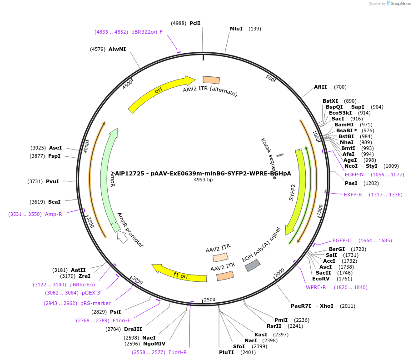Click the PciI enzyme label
coord(195,23)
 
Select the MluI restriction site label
coord(236,29)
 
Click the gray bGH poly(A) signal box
coord(253,265)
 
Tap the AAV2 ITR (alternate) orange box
coord(211,80)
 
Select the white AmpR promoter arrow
coord(122,237)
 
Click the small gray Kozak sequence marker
coord(280,155)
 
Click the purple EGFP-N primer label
coord(354,175)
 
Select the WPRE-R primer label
coord(316,287)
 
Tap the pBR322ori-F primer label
coord(147,32)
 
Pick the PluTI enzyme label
coord(226,352)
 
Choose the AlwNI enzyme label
coord(117,49)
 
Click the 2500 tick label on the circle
coord(209,300)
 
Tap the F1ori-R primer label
coord(178,352)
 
